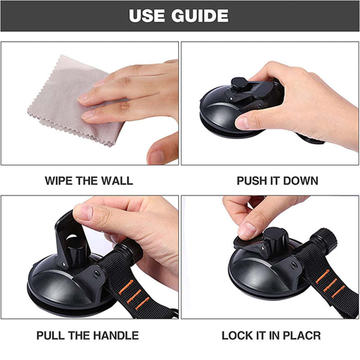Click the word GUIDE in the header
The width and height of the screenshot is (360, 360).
tap(200, 16)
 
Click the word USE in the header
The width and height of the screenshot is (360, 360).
tap(147, 16)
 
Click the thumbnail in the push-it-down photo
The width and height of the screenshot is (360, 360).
tap(243, 123)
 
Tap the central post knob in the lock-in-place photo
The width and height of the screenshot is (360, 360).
tap(275, 239)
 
